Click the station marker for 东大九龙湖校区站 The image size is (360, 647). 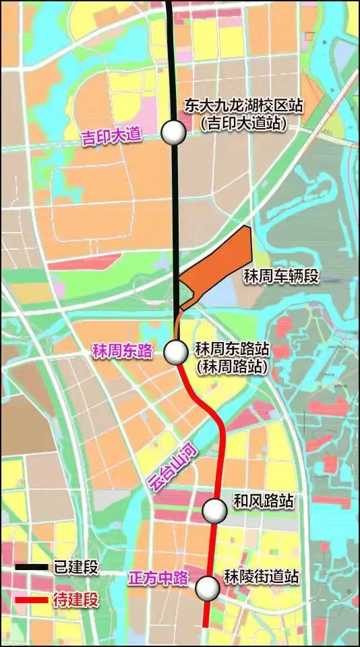pos(174,132)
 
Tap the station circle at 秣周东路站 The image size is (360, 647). pos(176,351)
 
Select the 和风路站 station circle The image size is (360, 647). pos(215,511)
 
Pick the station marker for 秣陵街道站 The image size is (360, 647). pos(208,589)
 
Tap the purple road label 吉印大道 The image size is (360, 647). pos(111,135)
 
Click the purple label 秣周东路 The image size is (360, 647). pos(123,351)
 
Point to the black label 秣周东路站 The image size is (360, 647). pos(232,349)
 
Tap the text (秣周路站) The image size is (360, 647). pos(231,367)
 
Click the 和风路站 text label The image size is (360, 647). pos(263,501)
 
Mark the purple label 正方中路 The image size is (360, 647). pos(158,578)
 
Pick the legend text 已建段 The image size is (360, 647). pos(76,567)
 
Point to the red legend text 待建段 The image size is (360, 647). pos(76,599)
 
